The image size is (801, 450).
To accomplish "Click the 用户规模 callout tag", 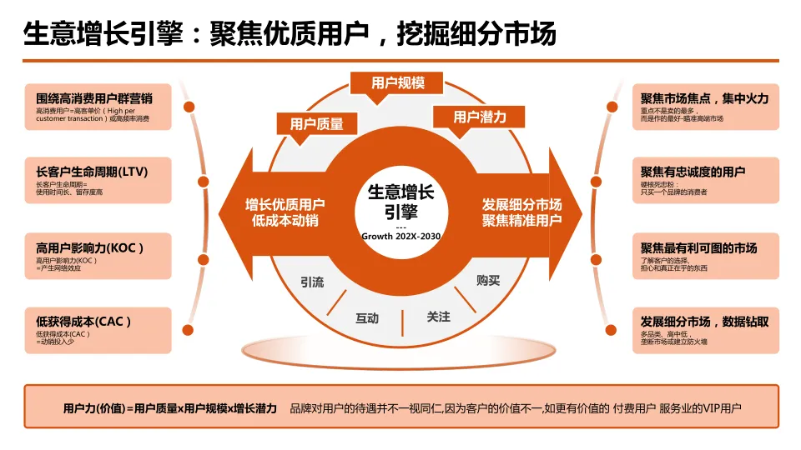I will point(398,82).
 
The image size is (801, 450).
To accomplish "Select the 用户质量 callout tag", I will point(316,123).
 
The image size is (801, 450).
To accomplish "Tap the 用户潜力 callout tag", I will point(480,117).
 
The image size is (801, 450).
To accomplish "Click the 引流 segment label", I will point(312,282).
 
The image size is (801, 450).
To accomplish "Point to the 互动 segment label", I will point(367,317).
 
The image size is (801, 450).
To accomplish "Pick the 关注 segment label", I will point(438,317).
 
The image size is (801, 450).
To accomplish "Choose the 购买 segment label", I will point(488,281).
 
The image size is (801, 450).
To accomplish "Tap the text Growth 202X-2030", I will point(400,236).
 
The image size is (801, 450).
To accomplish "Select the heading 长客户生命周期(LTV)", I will point(92,172).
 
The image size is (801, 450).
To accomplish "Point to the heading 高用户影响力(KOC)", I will point(90,247).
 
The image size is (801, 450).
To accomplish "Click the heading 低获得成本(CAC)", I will point(83,321).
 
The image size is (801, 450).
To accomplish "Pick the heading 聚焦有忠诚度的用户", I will point(693,172).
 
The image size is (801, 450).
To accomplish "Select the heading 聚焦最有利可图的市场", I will point(698,247).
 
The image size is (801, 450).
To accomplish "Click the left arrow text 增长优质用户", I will point(285,204).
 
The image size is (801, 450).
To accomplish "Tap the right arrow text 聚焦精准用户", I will point(521,220).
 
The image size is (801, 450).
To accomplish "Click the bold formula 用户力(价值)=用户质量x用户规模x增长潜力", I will point(169,408).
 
